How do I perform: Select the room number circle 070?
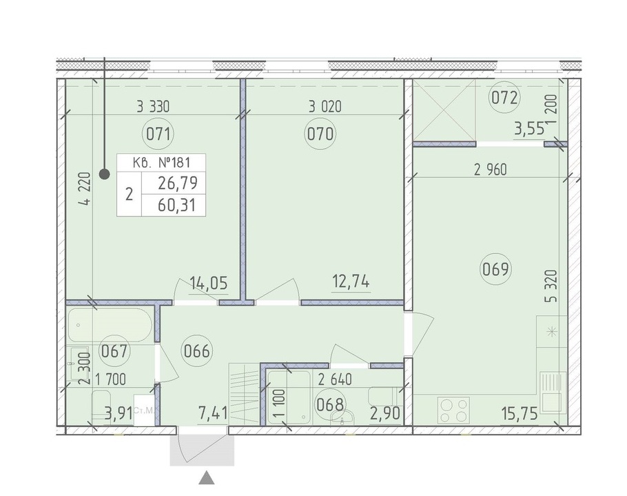[320, 134]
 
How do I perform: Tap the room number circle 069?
[495, 269]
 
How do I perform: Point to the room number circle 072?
[504, 98]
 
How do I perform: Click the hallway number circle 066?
[196, 352]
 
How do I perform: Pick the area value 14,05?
[208, 284]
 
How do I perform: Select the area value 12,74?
[351, 282]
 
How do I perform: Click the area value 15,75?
[520, 413]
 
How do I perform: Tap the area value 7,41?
[214, 413]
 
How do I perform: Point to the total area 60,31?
[177, 206]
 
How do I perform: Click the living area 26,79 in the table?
[178, 183]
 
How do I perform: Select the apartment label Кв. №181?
[161, 162]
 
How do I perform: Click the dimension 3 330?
[153, 106]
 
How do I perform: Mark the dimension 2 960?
[491, 170]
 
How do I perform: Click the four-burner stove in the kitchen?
[454, 410]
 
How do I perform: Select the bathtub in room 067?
[110, 325]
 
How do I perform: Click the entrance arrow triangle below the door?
[207, 478]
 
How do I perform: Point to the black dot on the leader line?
[104, 174]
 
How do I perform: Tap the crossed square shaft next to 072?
[444, 110]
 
